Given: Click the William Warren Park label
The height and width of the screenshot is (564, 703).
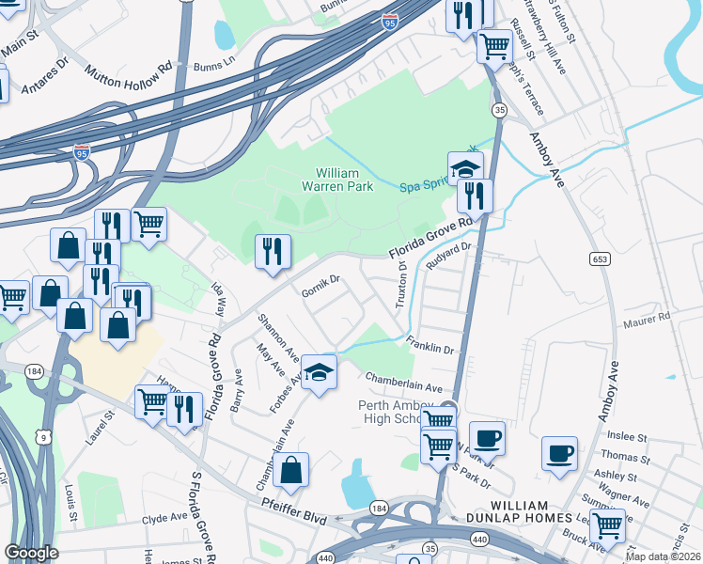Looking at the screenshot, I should pyautogui.click(x=344, y=180).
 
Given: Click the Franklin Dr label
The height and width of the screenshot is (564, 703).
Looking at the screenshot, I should pyautogui.click(x=430, y=344).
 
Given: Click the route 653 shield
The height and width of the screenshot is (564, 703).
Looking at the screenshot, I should pyautogui.click(x=598, y=258).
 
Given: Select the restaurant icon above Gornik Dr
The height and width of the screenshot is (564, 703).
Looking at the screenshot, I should pyautogui.click(x=273, y=251).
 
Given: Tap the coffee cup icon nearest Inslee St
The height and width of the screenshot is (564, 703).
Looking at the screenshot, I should pyautogui.click(x=560, y=453).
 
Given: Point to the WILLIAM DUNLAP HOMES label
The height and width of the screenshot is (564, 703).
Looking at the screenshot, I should pyautogui.click(x=519, y=518).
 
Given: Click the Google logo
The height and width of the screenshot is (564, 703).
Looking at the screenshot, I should pyautogui.click(x=31, y=553).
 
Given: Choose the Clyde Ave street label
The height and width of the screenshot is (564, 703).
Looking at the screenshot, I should pyautogui.click(x=164, y=518).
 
